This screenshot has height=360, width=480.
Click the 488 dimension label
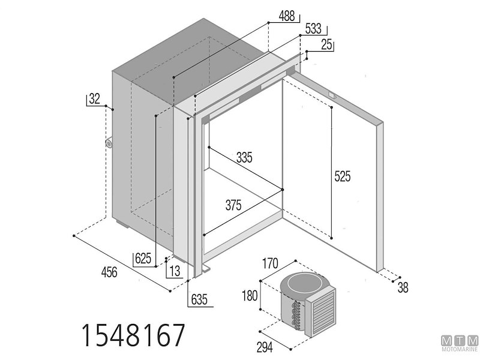coord(287,17)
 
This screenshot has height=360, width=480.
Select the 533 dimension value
coord(313,29)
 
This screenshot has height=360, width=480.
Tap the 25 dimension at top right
coord(327,44)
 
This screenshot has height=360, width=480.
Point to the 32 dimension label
coord(94,99)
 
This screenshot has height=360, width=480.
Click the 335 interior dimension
coord(244,158)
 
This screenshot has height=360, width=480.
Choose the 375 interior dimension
coord(233,205)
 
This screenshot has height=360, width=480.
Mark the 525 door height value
coord(343,176)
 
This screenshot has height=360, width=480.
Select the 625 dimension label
coord(143,259)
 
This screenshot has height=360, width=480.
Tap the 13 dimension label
coord(174,271)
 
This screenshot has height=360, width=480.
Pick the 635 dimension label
coord(200,298)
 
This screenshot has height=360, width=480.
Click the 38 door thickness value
coord(403,288)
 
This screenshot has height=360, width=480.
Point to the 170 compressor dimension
coord(271,262)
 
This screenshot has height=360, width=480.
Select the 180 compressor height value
coord(250,296)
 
